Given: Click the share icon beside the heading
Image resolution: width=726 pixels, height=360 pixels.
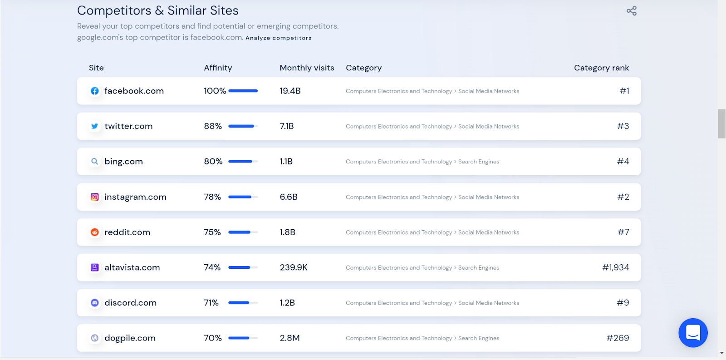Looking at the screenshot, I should (x=631, y=11).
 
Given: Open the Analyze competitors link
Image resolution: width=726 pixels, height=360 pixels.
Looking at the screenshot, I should (x=279, y=38).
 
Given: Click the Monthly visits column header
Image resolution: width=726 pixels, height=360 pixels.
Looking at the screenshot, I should (x=307, y=68).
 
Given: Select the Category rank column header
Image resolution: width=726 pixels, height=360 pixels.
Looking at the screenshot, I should (x=601, y=68).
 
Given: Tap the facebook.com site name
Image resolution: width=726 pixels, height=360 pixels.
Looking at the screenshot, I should (x=134, y=91).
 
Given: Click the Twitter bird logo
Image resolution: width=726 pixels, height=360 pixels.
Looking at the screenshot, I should (x=94, y=126).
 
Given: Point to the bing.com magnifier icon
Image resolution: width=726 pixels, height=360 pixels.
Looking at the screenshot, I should (x=94, y=162).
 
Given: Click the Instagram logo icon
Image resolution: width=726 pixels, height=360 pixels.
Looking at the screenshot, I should (x=94, y=197).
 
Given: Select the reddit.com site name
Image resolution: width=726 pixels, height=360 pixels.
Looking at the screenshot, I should (x=127, y=232).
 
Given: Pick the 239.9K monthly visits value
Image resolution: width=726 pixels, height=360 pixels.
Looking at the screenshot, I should (x=294, y=267).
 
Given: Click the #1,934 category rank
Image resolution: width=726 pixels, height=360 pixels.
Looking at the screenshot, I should (x=615, y=267).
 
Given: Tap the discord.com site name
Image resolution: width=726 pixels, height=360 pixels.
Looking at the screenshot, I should (x=130, y=303).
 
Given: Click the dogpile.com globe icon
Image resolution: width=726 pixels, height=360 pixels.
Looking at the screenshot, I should (x=94, y=338).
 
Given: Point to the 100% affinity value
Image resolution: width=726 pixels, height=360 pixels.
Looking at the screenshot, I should (x=215, y=91).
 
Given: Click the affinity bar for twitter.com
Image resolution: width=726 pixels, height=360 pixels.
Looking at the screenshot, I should (x=243, y=126).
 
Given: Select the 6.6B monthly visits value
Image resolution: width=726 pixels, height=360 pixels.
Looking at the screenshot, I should (x=289, y=197).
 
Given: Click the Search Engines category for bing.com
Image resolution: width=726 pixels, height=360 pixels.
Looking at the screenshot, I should (x=478, y=162).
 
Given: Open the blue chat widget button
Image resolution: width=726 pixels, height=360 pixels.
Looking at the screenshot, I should (x=693, y=333).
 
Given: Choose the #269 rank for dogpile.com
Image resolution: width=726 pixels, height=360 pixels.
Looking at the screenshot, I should (x=618, y=338).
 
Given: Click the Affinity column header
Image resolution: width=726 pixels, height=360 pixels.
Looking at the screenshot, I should (x=218, y=68).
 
